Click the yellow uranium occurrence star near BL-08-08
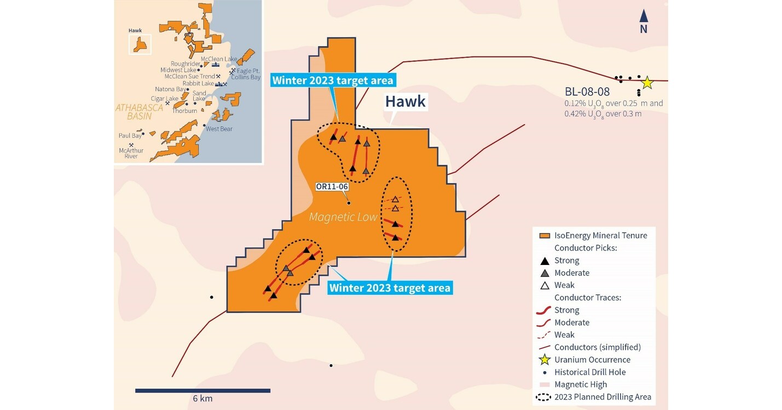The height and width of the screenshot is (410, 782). (647, 83)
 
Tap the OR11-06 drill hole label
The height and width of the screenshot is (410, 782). (332, 186)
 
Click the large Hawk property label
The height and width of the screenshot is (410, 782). (405, 101)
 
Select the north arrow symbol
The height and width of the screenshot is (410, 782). (644, 22)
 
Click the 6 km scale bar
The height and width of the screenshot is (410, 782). (202, 390)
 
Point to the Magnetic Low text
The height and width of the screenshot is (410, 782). (343, 217)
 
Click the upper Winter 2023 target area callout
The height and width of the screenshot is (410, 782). (333, 80)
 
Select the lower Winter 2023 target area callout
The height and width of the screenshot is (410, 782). (390, 287)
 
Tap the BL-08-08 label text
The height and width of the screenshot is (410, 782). (587, 91)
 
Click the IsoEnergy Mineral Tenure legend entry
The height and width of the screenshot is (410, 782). (593, 235)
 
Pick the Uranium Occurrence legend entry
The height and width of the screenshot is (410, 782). (585, 360)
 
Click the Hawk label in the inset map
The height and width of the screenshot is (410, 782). (135, 31)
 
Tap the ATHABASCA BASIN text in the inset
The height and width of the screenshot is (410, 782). (139, 112)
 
